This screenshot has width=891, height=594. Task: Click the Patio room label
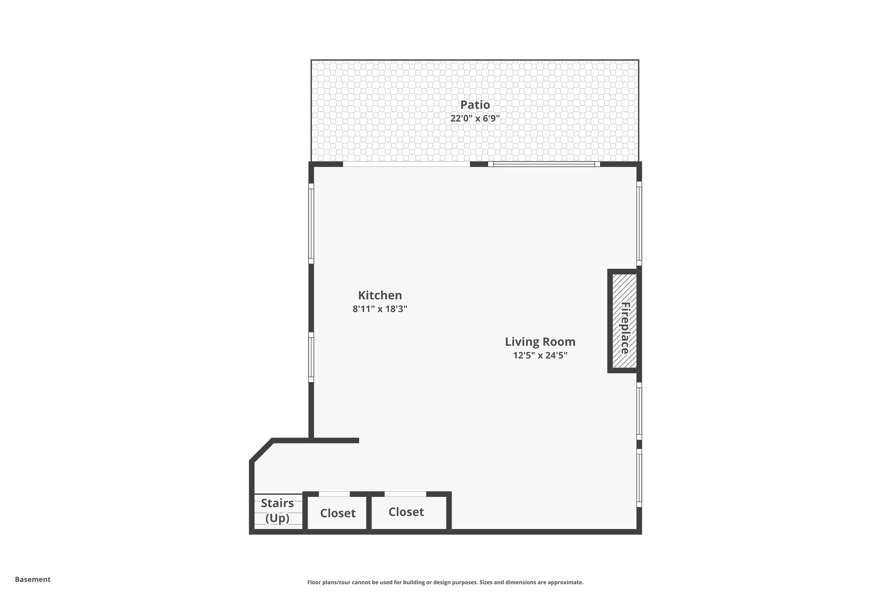point(475,105)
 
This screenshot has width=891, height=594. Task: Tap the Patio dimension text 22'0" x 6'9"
point(475,118)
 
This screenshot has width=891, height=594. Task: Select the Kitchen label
point(380,295)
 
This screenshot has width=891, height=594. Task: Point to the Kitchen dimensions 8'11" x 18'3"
point(380,309)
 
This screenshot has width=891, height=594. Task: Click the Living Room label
point(540,342)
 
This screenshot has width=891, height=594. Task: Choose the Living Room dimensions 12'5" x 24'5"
point(540,356)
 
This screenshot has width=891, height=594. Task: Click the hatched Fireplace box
point(624,321)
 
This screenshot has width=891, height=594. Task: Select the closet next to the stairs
point(338,514)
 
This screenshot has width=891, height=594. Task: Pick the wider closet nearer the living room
point(406,512)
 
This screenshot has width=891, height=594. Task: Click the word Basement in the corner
point(33,580)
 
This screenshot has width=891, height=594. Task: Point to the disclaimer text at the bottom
point(445,582)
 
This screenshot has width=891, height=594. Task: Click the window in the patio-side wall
point(544,164)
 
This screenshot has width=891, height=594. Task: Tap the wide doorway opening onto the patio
point(406,164)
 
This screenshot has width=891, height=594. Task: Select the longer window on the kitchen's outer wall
point(311,223)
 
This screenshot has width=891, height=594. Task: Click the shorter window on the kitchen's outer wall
point(311,357)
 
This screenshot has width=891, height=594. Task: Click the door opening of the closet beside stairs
point(334,494)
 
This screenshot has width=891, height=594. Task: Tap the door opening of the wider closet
point(405,494)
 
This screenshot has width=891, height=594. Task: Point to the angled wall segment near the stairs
point(261,450)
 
